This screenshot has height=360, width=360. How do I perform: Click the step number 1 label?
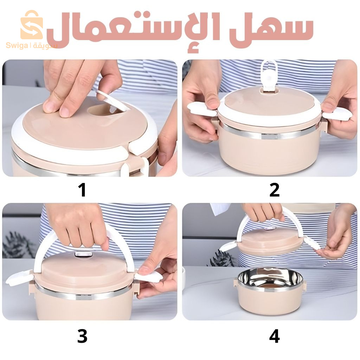[82, 190]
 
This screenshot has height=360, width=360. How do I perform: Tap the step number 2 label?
[274, 190]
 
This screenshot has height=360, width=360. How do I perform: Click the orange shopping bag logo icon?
[31, 25]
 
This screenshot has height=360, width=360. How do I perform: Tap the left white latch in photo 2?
[202, 109]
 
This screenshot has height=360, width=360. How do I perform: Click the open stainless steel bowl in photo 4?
[270, 279]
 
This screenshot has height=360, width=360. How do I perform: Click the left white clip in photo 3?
[19, 278]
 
